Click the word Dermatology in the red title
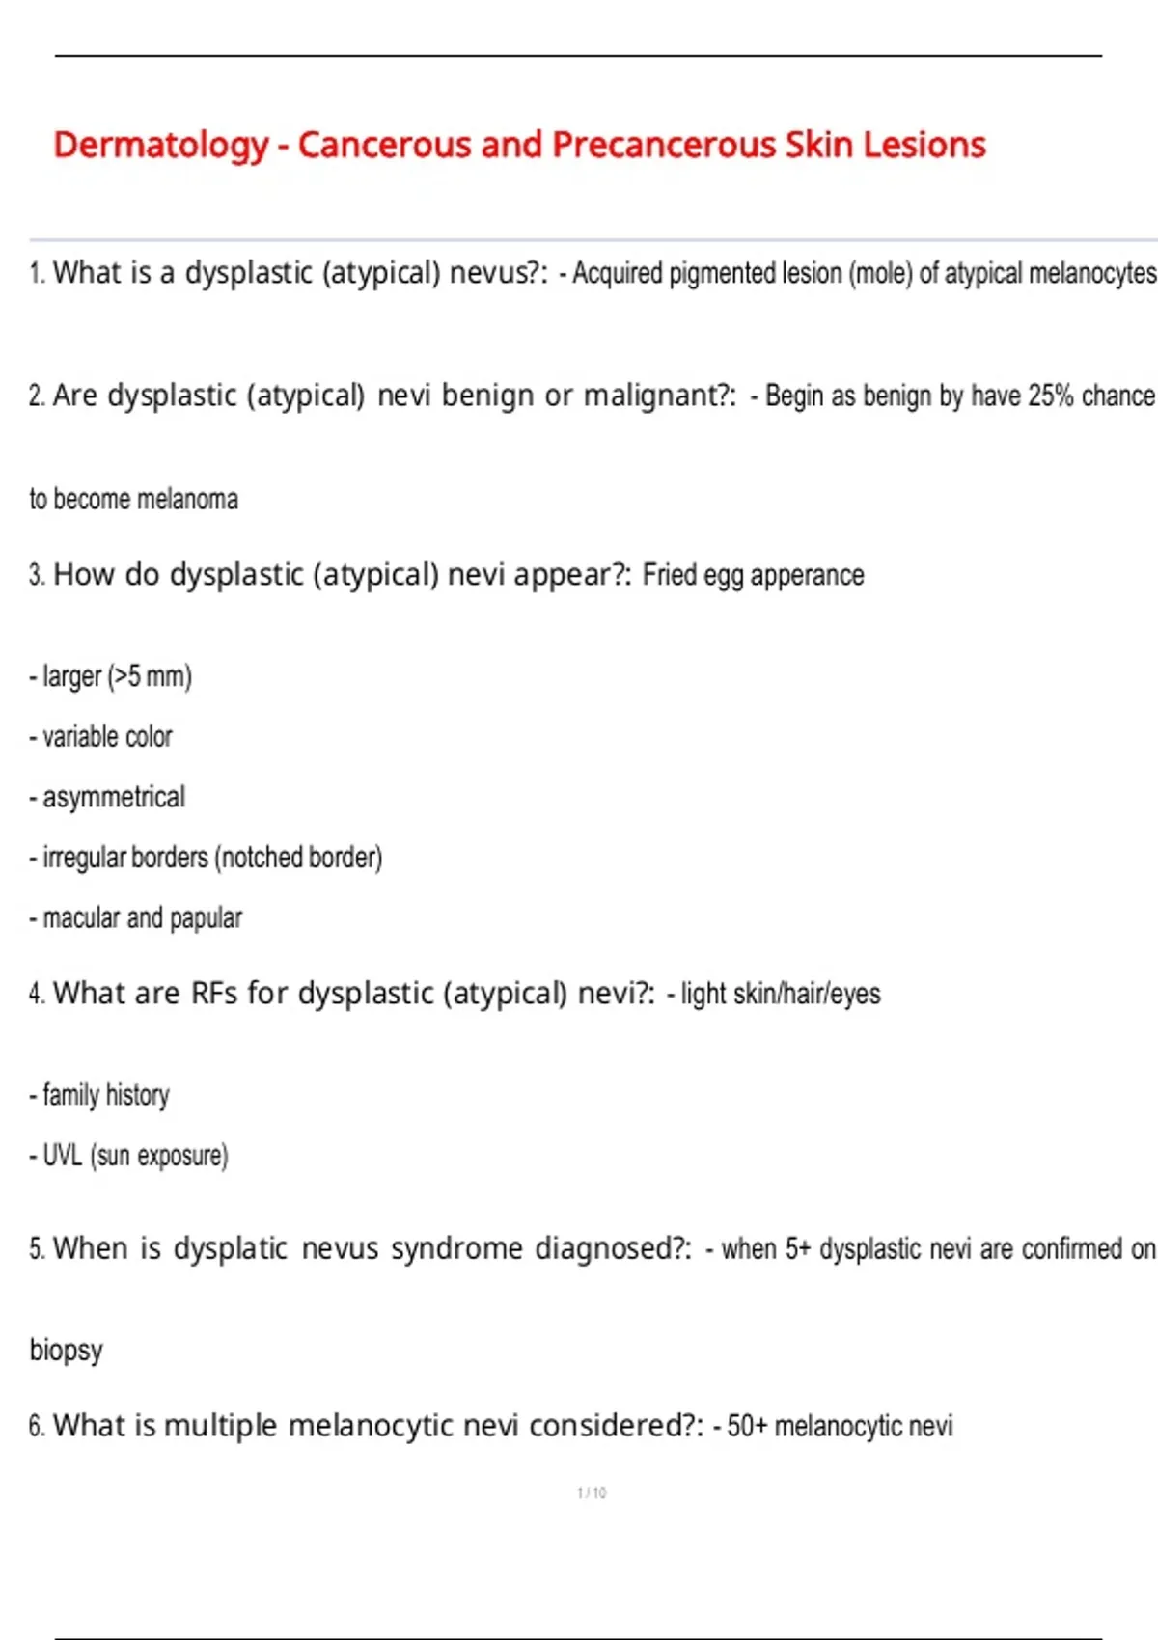pyautogui.click(x=160, y=145)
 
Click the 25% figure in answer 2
pyautogui.click(x=1050, y=396)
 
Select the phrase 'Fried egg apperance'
pyautogui.click(x=753, y=575)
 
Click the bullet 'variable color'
pyautogui.click(x=107, y=737)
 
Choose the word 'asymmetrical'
pyautogui.click(x=114, y=798)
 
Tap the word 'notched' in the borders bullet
pyautogui.click(x=262, y=858)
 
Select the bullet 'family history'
pyautogui.click(x=106, y=1096)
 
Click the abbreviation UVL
pyautogui.click(x=62, y=1156)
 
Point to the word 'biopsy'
pyautogui.click(x=66, y=1350)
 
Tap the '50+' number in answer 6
pyautogui.click(x=746, y=1426)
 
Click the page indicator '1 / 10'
pyautogui.click(x=592, y=1492)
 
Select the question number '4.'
pyautogui.click(x=37, y=994)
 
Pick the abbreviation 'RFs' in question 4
pyautogui.click(x=213, y=994)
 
